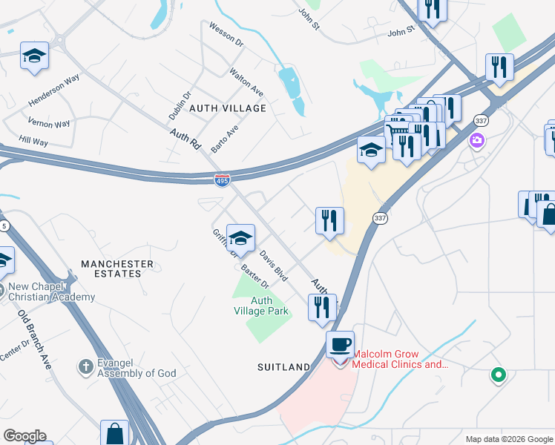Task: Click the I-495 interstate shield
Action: pos(222,180)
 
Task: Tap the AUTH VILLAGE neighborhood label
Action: pos(227,108)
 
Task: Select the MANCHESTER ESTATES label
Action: pos(117,268)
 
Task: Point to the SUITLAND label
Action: pos(283,367)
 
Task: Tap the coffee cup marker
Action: pos(341,345)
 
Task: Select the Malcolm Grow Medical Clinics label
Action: pos(400,359)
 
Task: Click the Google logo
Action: pos(24,436)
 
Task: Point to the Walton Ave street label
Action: pos(247,81)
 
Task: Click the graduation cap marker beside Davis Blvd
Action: pos(240,239)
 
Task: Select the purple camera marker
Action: pos(476,140)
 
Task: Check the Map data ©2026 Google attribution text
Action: pos(508,439)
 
